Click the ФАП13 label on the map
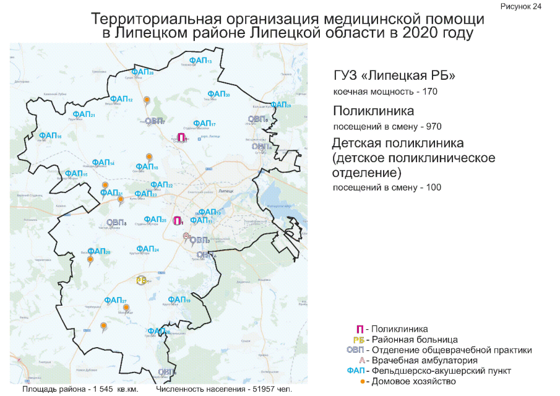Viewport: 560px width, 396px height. [x=201, y=60]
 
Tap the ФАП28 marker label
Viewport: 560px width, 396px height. [x=142, y=72]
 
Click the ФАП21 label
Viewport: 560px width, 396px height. [x=84, y=114]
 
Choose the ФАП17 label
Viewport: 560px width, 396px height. [x=204, y=123]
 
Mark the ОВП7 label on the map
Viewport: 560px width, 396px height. [x=154, y=120]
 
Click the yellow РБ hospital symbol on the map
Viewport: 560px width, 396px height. [x=141, y=280]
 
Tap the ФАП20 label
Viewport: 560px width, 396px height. [x=99, y=251]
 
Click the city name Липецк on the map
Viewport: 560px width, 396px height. [x=226, y=191]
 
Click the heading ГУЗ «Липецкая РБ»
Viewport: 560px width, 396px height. [x=394, y=76]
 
